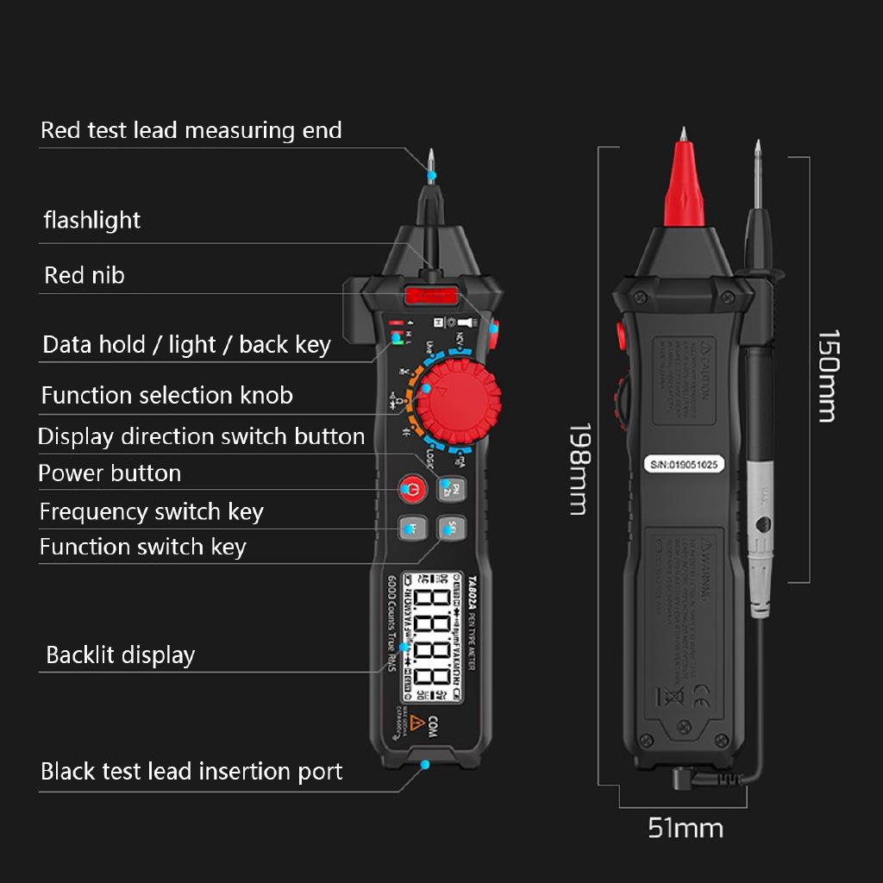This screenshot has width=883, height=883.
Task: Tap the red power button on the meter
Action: click(x=412, y=490)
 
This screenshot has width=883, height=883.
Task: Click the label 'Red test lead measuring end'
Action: click(x=191, y=130)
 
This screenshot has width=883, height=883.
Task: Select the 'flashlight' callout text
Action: click(x=92, y=220)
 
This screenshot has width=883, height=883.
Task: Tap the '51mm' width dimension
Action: click(x=686, y=829)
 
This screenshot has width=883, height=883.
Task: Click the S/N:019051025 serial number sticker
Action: click(x=684, y=463)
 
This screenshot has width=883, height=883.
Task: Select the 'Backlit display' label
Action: click(x=121, y=654)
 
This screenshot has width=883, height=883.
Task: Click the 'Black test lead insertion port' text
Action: click(x=191, y=771)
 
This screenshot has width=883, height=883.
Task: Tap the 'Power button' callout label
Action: click(x=110, y=473)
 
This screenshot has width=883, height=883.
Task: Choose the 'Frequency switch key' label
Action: click(x=151, y=511)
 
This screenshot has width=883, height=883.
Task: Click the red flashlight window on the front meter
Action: click(x=429, y=297)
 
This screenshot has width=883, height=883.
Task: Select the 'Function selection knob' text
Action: click(x=167, y=396)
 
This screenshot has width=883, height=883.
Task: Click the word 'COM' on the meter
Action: click(x=433, y=726)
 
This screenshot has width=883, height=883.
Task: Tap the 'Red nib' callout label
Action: click(x=85, y=275)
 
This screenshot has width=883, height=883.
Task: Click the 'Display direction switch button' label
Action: click(x=202, y=436)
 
